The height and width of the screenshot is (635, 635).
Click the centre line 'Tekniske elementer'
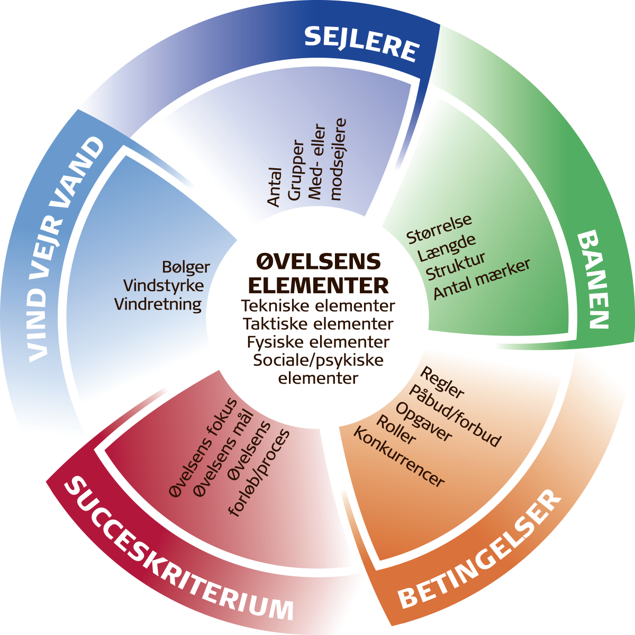pos(318,306)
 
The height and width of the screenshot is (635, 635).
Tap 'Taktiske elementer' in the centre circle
pos(318,323)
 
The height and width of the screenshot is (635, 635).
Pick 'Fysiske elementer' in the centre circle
pos(318,342)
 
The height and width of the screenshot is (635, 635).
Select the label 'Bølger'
pos(186,268)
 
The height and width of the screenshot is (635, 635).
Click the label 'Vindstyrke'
pos(164,286)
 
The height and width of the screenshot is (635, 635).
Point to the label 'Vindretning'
pos(158,304)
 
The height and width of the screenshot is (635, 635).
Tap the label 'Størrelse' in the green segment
pos(439,229)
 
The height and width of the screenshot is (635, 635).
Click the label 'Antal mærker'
pos(482,279)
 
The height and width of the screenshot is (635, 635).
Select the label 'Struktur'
pos(456,266)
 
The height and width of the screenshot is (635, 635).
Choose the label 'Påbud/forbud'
pos(455,416)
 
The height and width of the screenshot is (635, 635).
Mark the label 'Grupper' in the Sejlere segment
pos(296,170)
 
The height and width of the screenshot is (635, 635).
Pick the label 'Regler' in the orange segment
pos(442,383)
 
